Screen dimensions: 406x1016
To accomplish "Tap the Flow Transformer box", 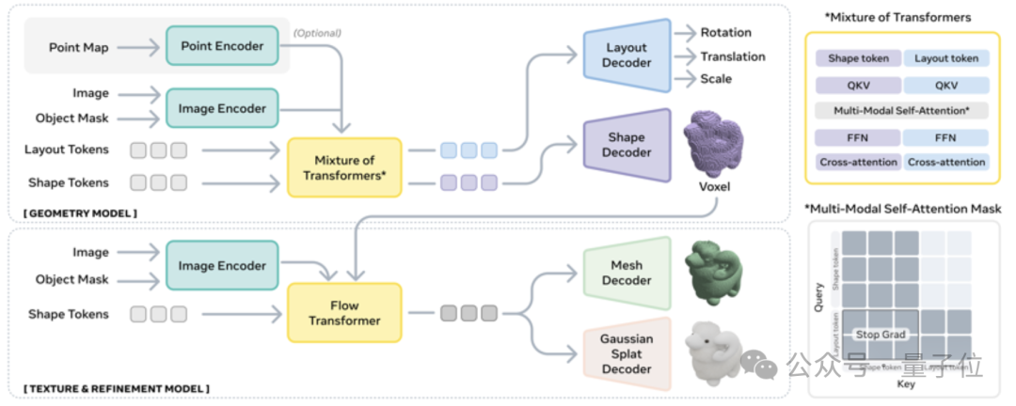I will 344,313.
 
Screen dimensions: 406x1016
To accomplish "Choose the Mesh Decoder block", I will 626,273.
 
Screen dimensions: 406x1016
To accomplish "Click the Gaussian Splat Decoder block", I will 626,353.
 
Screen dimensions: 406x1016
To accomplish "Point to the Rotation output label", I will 725,33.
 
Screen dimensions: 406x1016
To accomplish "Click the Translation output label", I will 733,56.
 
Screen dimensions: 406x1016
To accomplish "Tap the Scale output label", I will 716,79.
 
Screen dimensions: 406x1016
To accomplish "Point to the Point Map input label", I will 77,46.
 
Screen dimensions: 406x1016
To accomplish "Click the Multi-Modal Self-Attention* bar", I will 902,110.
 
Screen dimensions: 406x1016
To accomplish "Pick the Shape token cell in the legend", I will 857,58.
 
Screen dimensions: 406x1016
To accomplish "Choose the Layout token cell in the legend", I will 946,58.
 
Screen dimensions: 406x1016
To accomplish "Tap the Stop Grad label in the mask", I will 880,334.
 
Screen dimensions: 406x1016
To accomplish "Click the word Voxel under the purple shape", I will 712,186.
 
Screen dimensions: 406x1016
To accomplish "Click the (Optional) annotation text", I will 317,33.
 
